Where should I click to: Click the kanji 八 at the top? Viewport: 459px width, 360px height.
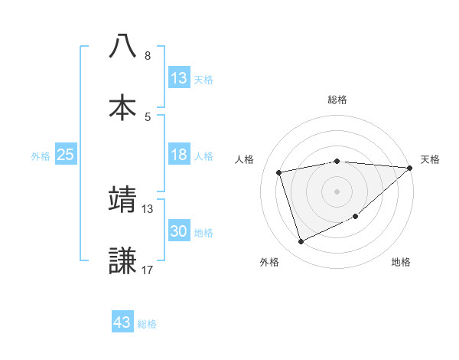coord(123,46)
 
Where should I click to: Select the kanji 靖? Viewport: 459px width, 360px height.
coord(123,198)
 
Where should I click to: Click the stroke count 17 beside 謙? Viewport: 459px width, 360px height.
coord(148,270)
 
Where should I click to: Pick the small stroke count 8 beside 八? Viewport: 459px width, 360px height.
coord(148,56)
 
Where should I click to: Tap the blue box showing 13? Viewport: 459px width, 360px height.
coord(179,77)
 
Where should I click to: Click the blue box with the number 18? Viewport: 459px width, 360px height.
coord(179,155)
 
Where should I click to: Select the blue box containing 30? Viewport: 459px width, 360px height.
coord(179,231)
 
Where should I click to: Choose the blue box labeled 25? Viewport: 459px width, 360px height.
coord(66,155)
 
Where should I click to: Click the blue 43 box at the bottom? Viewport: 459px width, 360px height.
coord(122,322)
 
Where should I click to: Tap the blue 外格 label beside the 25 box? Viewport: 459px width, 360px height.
coord(41,155)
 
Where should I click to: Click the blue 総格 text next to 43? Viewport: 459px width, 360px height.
coord(147,324)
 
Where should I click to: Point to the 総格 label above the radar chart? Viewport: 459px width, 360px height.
coord(337,100)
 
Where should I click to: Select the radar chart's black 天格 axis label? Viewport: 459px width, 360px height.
coord(431,159)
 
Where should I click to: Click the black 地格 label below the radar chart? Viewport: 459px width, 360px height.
coord(401,262)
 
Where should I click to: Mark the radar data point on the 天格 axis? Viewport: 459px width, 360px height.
coord(410,168)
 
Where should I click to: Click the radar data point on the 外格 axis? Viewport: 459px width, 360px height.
coord(301,242)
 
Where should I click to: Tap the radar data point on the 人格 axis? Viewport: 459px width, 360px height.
coord(280,172)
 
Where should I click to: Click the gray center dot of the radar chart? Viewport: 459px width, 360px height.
coord(337,191)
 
